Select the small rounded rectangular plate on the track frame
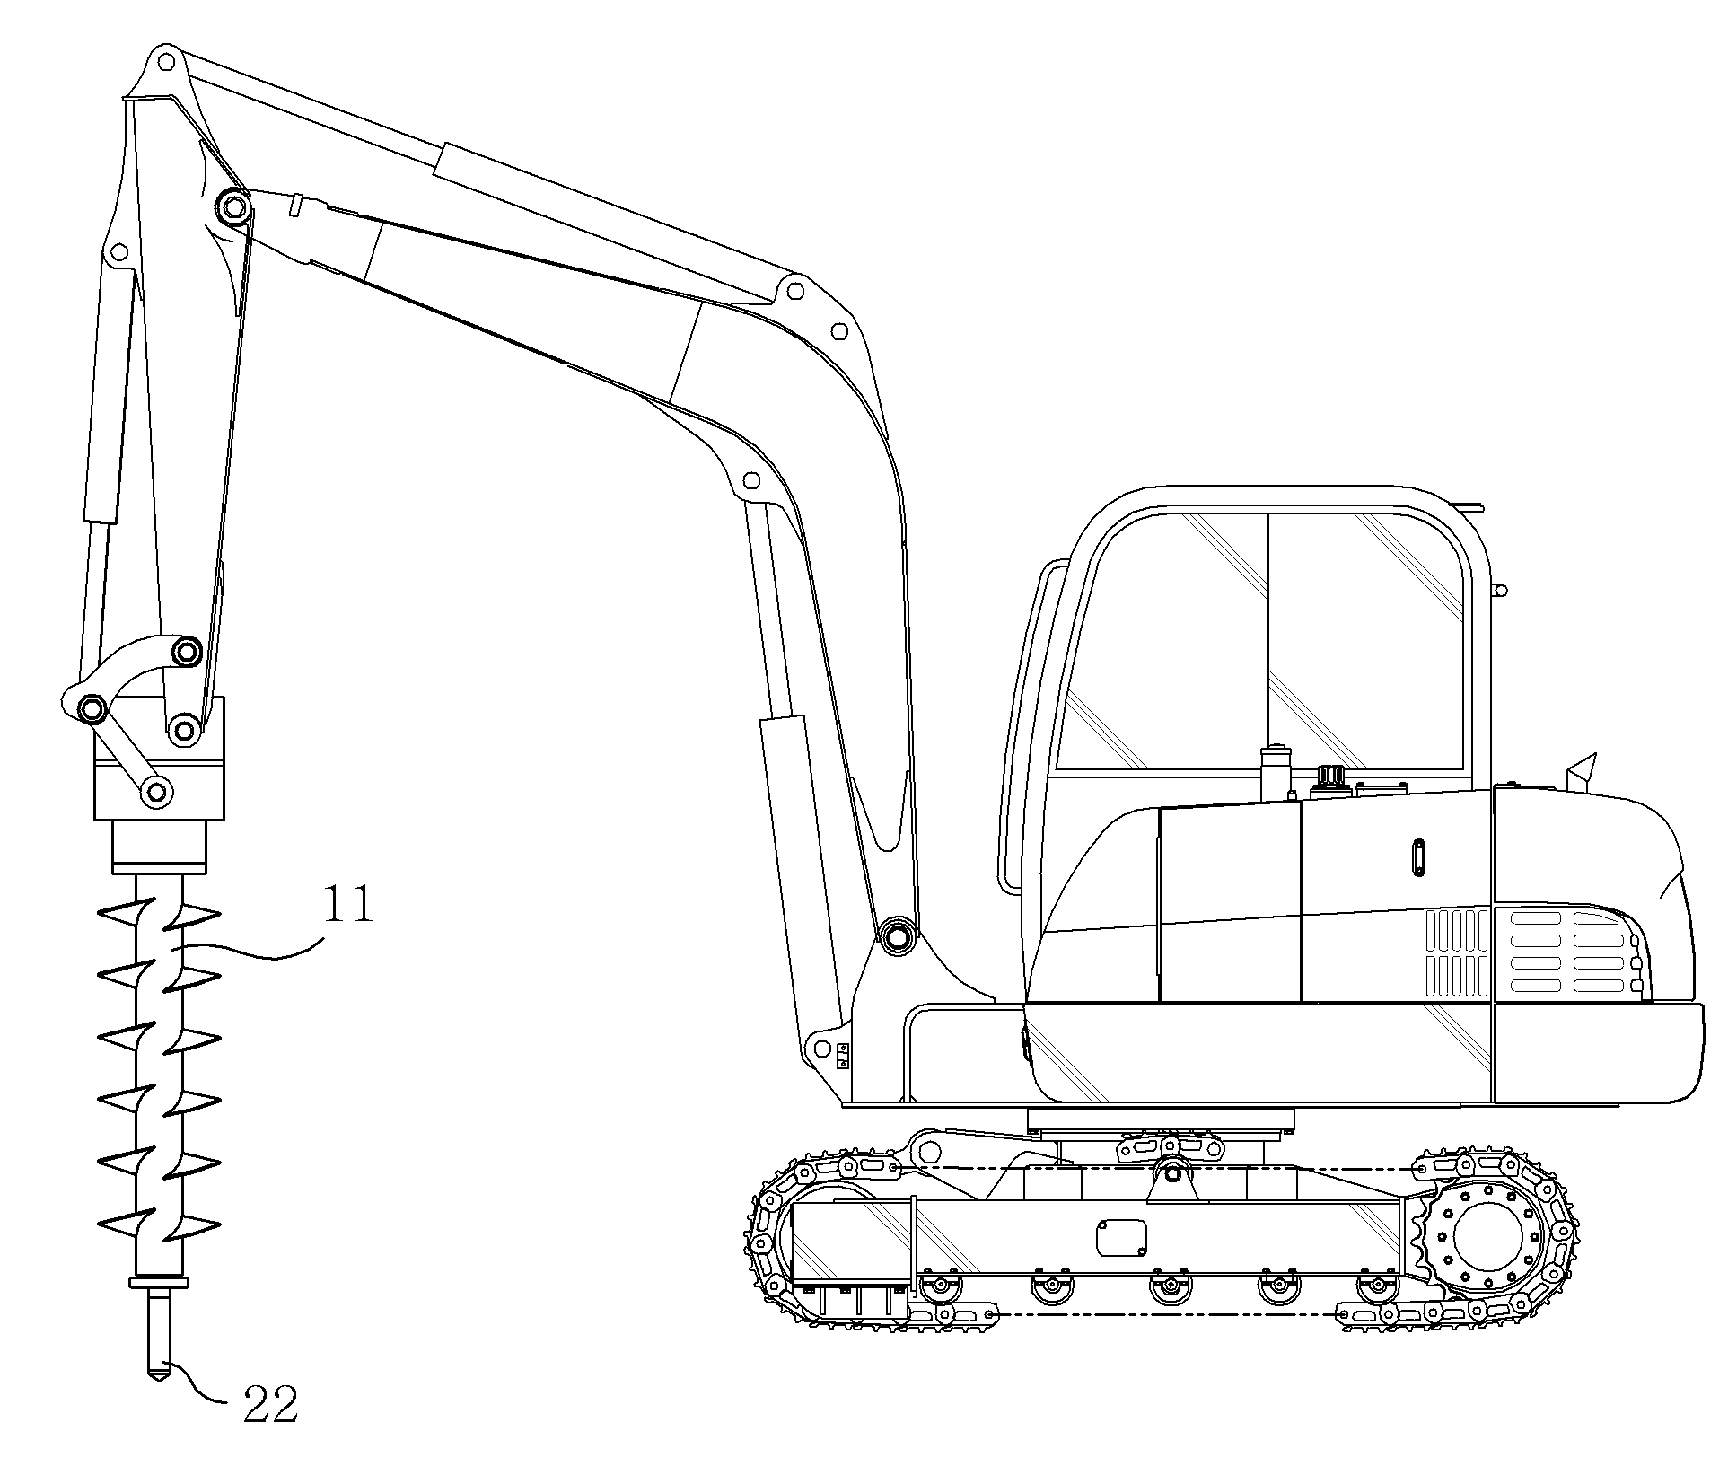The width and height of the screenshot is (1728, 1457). pos(1122,1239)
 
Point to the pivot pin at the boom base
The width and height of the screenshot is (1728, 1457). pos(895,935)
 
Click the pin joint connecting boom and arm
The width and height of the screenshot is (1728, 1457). pos(234,208)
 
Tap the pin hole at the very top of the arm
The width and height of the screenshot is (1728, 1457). pos(163,62)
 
